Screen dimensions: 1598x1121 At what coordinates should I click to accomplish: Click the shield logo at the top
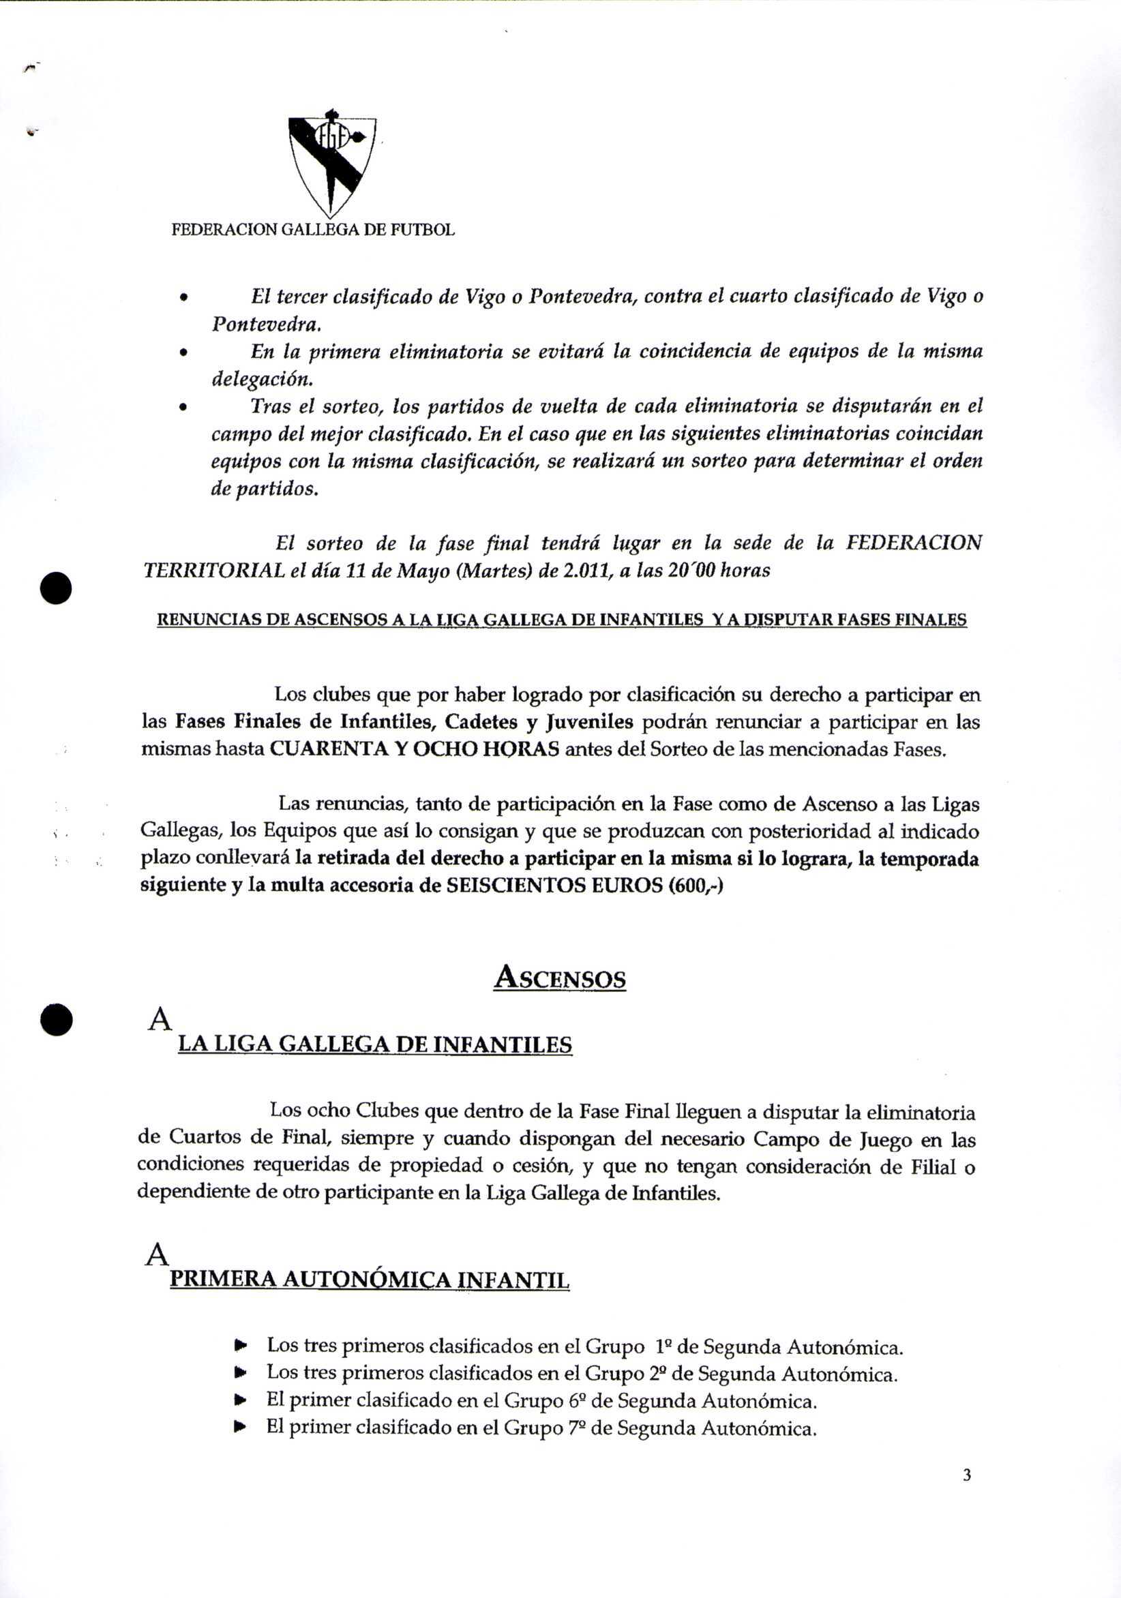tap(332, 164)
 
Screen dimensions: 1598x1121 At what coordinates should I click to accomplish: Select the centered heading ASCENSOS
tap(560, 978)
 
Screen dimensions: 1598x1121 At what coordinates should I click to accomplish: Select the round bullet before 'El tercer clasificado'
tap(183, 298)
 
